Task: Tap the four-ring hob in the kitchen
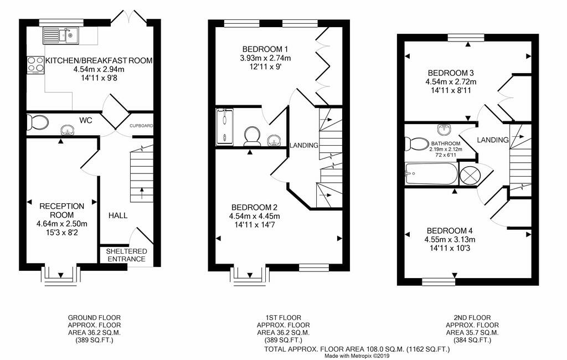tap(35, 65)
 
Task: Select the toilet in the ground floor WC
tap(38, 122)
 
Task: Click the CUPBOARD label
tap(141, 126)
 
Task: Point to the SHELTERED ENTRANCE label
tap(127, 255)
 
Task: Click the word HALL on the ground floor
tap(118, 215)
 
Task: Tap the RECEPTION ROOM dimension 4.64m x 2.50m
tap(62, 224)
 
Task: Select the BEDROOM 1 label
tap(265, 49)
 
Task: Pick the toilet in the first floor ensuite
tap(252, 136)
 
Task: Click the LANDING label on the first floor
tap(304, 146)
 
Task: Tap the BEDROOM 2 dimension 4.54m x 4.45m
tap(255, 217)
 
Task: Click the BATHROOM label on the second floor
tap(446, 143)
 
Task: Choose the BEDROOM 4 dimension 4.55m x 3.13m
tap(450, 239)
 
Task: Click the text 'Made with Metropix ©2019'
tap(357, 356)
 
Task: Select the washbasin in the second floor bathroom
tap(444, 128)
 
